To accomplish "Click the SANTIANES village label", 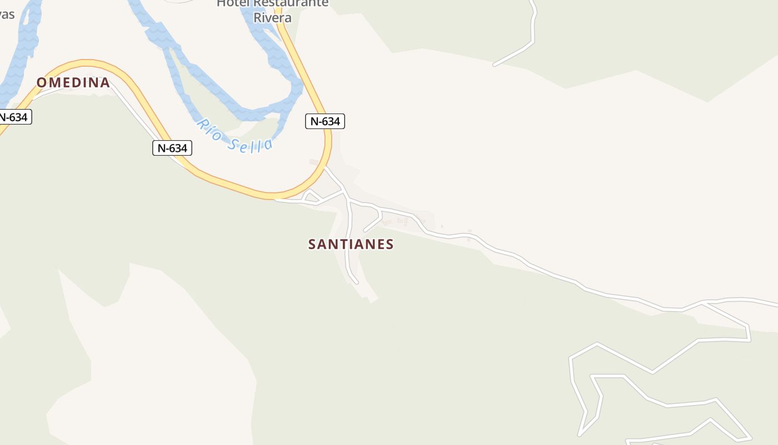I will tap(351, 244).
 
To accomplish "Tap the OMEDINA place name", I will tap(73, 83).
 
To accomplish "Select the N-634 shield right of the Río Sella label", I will tap(325, 121).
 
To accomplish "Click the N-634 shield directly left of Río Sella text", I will tap(172, 148).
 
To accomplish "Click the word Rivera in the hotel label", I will tap(272, 17).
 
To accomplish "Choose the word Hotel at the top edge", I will tap(232, 3).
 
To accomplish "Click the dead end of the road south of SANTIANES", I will tap(356, 283).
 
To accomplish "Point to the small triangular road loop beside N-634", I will tap(311, 196).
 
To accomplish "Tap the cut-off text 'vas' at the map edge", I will tap(7, 14).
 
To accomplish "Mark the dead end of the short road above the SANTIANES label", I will tap(365, 230).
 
